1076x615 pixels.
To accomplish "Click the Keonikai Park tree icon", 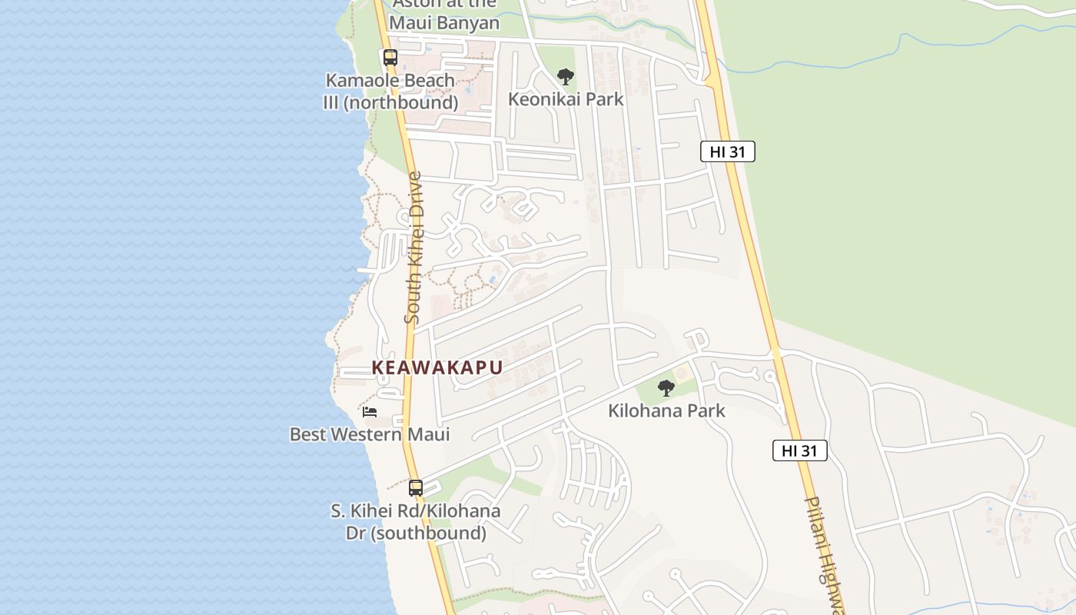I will pos(566,76).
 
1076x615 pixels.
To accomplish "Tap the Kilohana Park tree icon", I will pos(666,387).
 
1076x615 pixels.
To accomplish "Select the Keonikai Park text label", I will pos(566,99).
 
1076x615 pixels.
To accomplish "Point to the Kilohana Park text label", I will pos(666,411).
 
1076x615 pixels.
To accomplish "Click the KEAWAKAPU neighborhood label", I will pos(437,367).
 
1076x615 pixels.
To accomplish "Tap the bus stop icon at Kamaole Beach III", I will pos(390,57).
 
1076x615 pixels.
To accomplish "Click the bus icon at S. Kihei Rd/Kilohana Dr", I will pos(416,487).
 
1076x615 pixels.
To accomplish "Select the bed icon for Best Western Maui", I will pos(370,411).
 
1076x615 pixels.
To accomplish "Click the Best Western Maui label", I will pos(370,434).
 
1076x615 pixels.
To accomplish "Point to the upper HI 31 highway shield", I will pos(728,151).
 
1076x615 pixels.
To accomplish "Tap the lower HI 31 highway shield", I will pos(800,450).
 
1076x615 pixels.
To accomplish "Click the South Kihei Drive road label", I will pos(413,247).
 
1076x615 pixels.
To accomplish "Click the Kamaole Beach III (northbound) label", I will pos(390,91).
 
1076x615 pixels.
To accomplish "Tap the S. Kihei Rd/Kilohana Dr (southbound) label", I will pos(416,522).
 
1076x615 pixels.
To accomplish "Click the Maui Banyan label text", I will pos(444,22).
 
